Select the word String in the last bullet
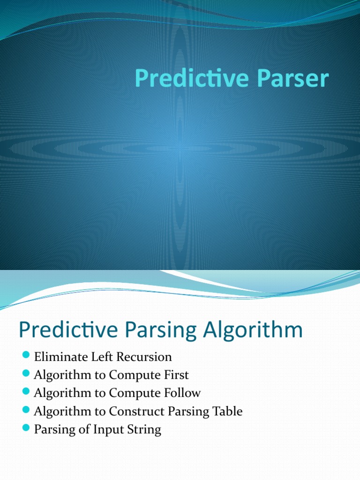[146, 430]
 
